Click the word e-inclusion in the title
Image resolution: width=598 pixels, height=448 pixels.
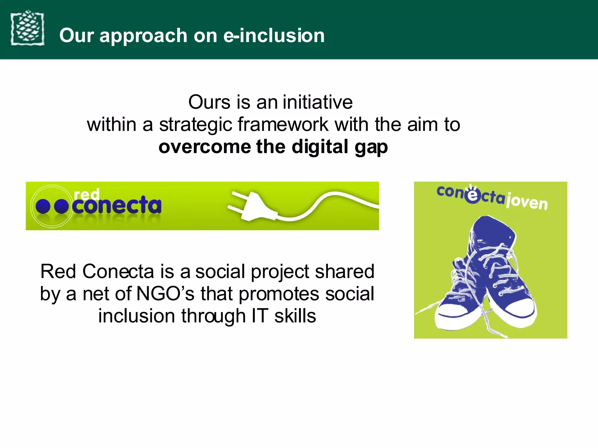[274, 36]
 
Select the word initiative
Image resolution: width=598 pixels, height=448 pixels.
[318, 102]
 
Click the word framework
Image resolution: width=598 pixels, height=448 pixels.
[283, 125]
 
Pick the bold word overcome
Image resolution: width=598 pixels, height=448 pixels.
[204, 147]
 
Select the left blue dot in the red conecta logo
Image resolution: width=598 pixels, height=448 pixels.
[43, 206]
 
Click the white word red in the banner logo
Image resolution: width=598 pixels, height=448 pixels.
[87, 194]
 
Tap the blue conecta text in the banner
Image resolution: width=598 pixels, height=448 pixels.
[117, 205]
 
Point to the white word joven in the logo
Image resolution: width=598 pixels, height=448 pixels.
[527, 201]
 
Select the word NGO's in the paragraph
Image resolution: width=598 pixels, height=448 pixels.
[165, 294]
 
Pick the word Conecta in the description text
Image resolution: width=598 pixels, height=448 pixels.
[118, 272]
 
